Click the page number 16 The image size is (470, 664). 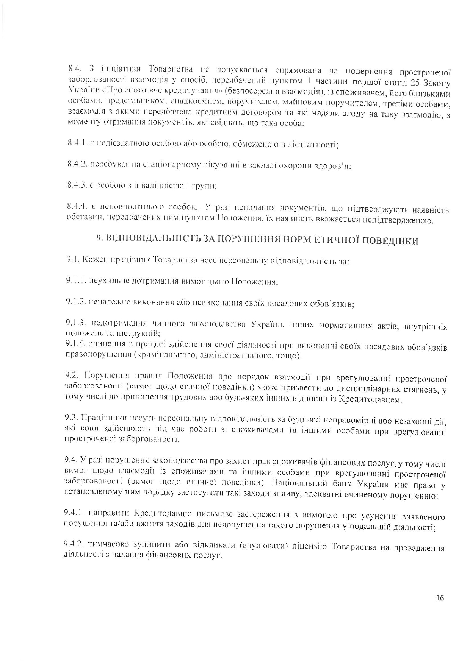point(440,598)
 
